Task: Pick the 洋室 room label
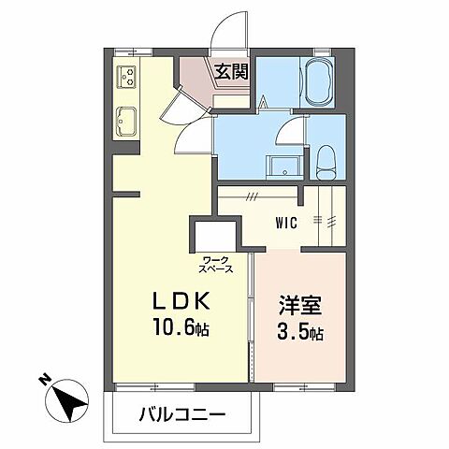click(297, 306)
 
